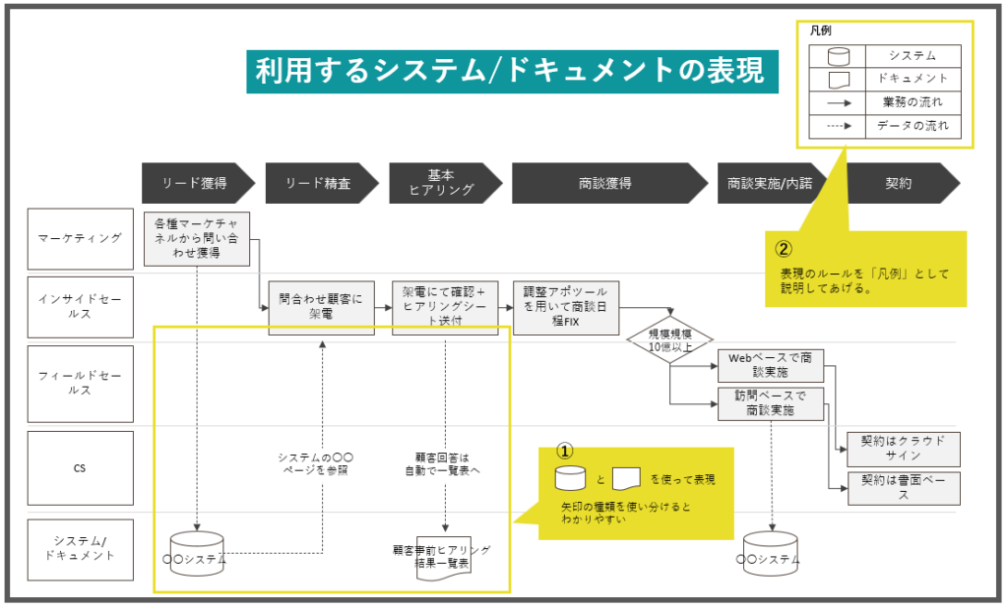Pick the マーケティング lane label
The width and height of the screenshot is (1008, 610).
tap(81, 238)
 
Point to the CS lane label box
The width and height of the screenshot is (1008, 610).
tap(81, 468)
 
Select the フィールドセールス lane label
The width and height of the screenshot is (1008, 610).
tap(81, 383)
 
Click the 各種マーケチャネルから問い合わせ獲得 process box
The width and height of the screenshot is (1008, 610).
tap(197, 238)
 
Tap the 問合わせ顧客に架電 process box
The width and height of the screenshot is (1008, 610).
tap(321, 308)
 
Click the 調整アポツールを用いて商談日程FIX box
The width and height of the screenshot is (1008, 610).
tap(566, 308)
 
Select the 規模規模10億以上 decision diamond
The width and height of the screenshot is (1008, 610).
tap(669, 340)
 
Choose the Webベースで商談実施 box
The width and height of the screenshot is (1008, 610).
tap(771, 364)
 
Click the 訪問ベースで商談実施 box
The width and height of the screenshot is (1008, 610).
tap(771, 403)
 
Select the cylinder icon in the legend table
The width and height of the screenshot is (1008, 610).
tap(837, 57)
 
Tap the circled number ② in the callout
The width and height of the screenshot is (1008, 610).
tap(784, 249)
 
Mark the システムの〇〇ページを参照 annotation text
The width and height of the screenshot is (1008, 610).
tap(315, 464)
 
